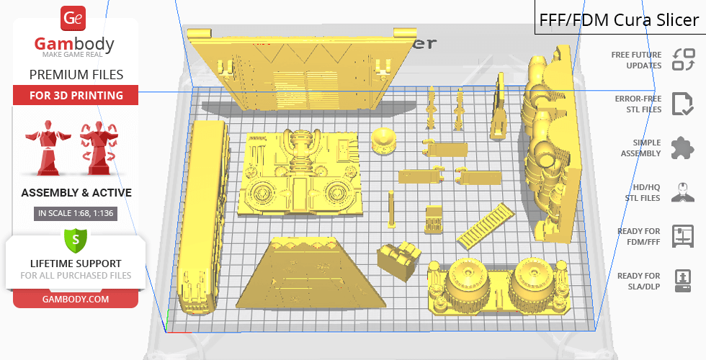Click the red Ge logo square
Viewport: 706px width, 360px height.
[73, 18]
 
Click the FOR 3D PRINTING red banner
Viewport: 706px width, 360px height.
[76, 95]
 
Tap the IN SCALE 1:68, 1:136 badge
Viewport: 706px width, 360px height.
[76, 213]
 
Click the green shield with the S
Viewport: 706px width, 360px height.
[76, 240]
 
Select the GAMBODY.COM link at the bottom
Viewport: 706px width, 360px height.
[76, 300]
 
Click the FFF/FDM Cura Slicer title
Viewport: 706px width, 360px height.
[619, 20]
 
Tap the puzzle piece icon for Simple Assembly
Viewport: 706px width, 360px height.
[683, 148]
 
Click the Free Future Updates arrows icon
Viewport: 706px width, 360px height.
[684, 60]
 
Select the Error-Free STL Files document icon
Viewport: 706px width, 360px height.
[683, 104]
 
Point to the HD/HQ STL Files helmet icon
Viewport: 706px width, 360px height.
[683, 192]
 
